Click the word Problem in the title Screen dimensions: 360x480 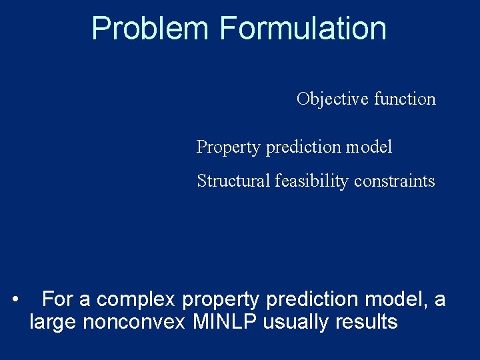coord(151,29)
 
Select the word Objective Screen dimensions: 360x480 coord(333,99)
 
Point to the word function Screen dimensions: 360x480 coord(405,99)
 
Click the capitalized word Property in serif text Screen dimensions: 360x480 coord(229,147)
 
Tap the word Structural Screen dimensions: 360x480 coord(233,181)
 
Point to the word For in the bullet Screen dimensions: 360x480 coord(57,300)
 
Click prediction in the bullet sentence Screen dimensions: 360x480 coord(311,300)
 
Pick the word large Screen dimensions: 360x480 coord(53,323)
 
